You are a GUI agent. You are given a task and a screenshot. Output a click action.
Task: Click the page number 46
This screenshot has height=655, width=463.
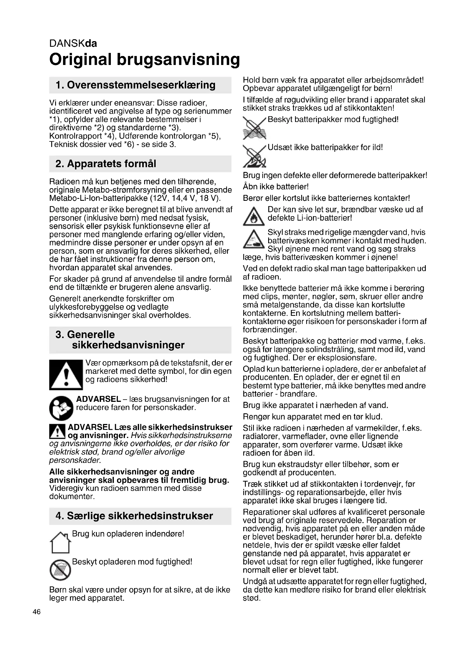coord(37,612)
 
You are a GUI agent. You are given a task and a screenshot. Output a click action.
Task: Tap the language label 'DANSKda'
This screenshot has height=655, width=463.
coord(73,43)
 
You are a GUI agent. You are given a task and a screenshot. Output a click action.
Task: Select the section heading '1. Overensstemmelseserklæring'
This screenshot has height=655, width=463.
coord(135,85)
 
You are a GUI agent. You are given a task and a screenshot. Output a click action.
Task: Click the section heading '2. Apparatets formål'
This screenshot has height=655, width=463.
coord(106,164)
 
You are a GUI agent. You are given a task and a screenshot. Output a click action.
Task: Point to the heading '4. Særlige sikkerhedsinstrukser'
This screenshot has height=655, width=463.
coord(134,516)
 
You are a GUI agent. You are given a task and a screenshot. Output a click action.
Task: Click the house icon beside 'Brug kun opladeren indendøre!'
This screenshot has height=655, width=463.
coord(60,542)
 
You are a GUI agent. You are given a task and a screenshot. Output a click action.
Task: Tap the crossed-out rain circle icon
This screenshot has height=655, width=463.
coord(60,569)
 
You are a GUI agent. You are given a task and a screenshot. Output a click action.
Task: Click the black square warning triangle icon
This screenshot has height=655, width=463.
coord(66,375)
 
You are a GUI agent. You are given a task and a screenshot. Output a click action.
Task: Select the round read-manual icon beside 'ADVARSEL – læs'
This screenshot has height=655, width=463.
coord(61,408)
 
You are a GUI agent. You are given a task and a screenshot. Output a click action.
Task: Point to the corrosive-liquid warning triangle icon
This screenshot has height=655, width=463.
coord(253,239)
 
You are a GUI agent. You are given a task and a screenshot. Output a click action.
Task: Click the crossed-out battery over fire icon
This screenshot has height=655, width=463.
coord(254,156)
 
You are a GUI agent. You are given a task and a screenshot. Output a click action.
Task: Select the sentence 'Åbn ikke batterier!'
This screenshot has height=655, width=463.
coord(276,187)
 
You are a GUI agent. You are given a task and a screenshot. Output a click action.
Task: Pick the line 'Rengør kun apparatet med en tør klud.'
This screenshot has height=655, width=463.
coord(312,416)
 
